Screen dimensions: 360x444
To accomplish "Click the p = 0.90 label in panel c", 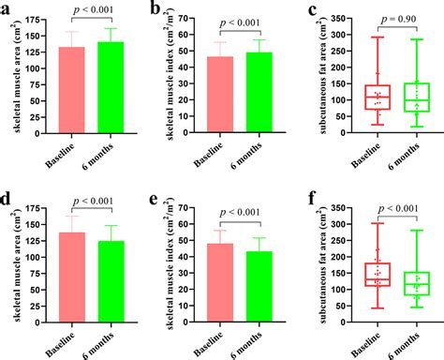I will point(394,20).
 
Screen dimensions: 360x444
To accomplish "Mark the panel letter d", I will point(7,199).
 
